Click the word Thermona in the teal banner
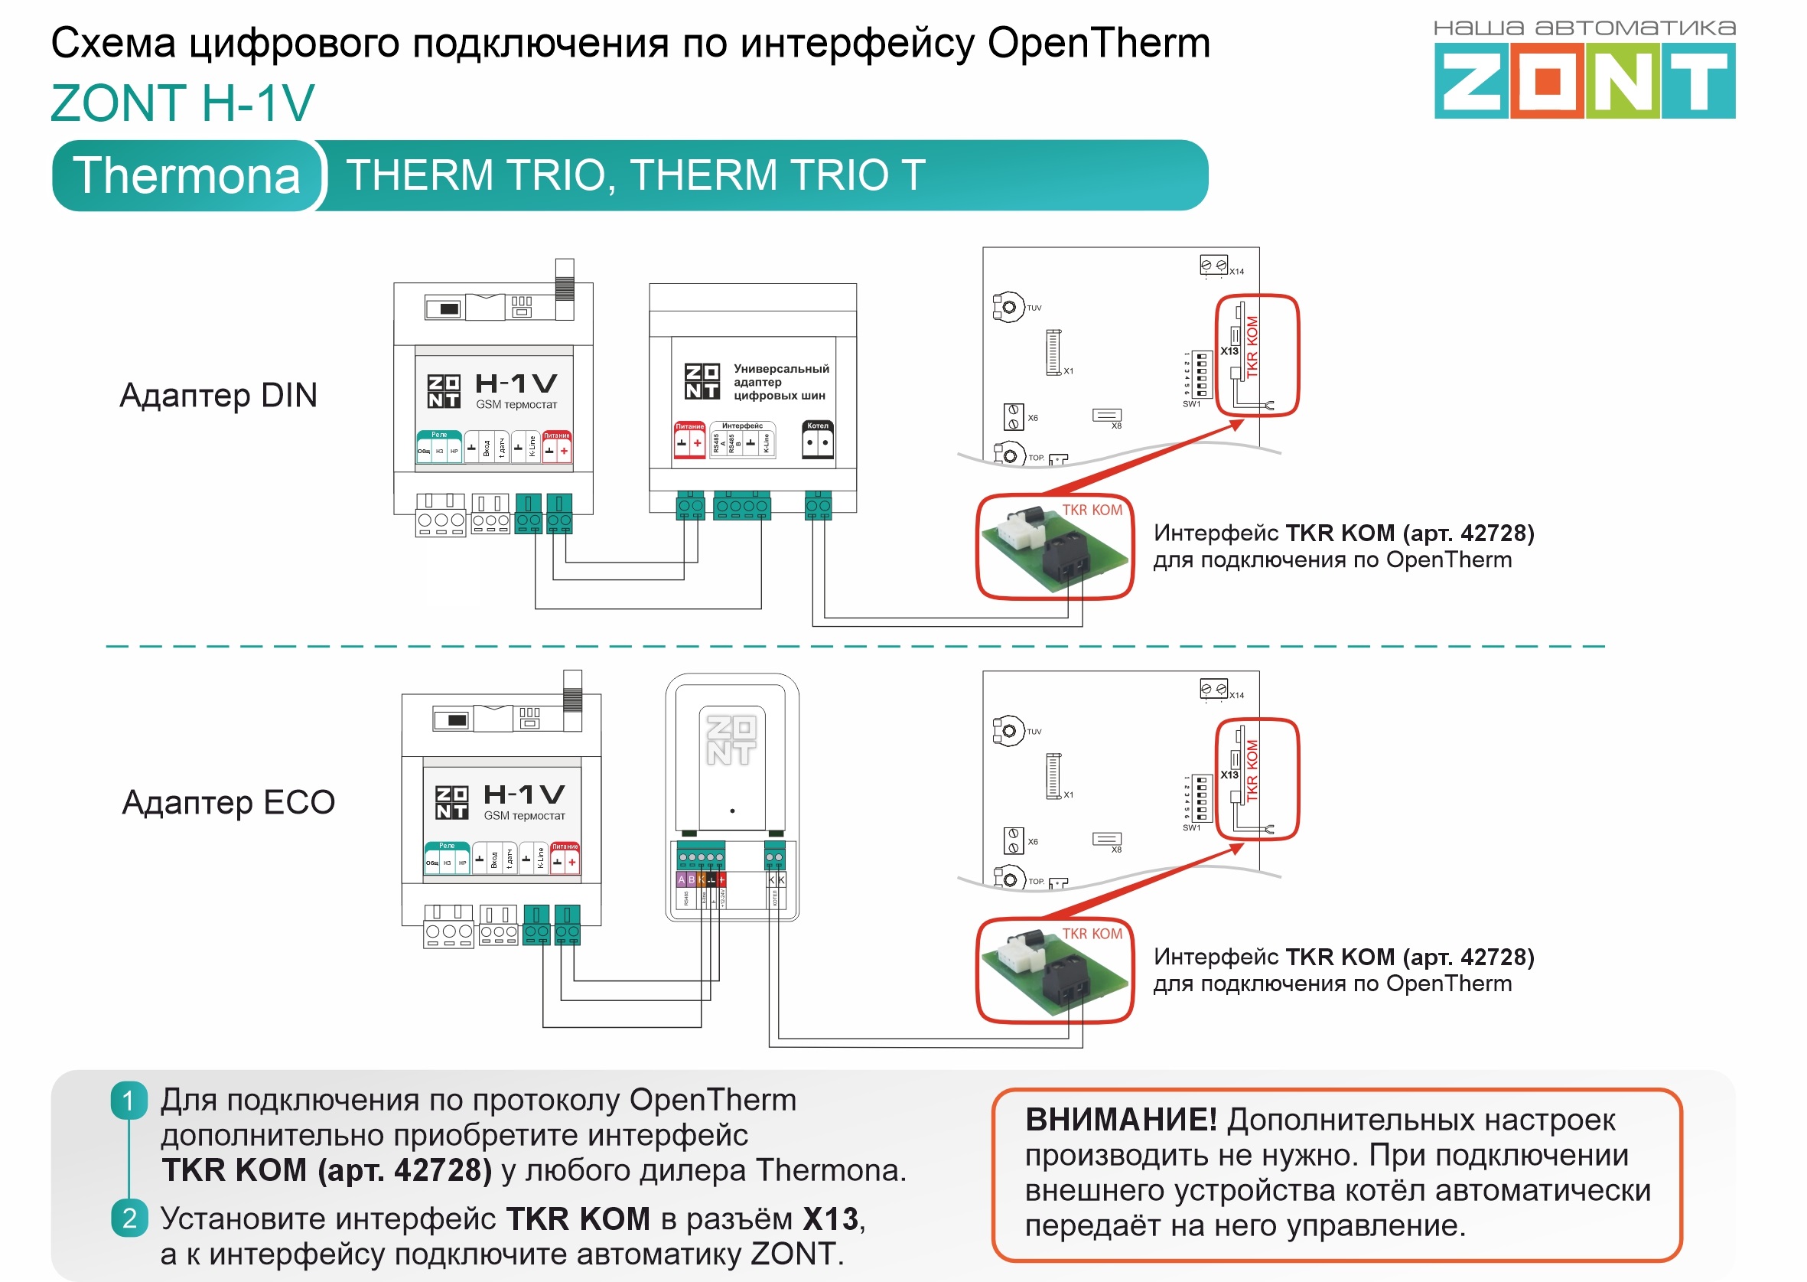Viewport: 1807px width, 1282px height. [x=187, y=175]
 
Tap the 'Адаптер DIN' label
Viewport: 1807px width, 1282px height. [x=219, y=396]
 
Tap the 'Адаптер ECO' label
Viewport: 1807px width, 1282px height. [x=229, y=803]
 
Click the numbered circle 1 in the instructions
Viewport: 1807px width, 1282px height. [x=129, y=1101]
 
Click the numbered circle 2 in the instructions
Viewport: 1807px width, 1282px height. [x=129, y=1218]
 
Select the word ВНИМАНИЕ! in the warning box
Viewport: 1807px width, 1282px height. [x=1121, y=1121]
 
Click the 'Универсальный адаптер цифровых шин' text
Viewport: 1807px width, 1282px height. [x=780, y=382]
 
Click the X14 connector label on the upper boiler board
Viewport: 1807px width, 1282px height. [x=1236, y=272]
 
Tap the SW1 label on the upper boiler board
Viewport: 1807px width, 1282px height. [x=1190, y=404]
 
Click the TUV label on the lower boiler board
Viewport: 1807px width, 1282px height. [x=1034, y=732]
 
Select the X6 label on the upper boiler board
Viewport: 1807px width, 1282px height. [x=1033, y=418]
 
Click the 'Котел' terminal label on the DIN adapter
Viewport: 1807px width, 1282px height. [x=818, y=426]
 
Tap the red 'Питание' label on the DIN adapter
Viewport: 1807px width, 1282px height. [x=689, y=426]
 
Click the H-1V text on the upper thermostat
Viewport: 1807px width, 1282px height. [x=516, y=383]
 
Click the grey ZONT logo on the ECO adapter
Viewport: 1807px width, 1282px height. [x=731, y=740]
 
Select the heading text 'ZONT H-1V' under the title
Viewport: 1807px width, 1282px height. [x=182, y=103]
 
